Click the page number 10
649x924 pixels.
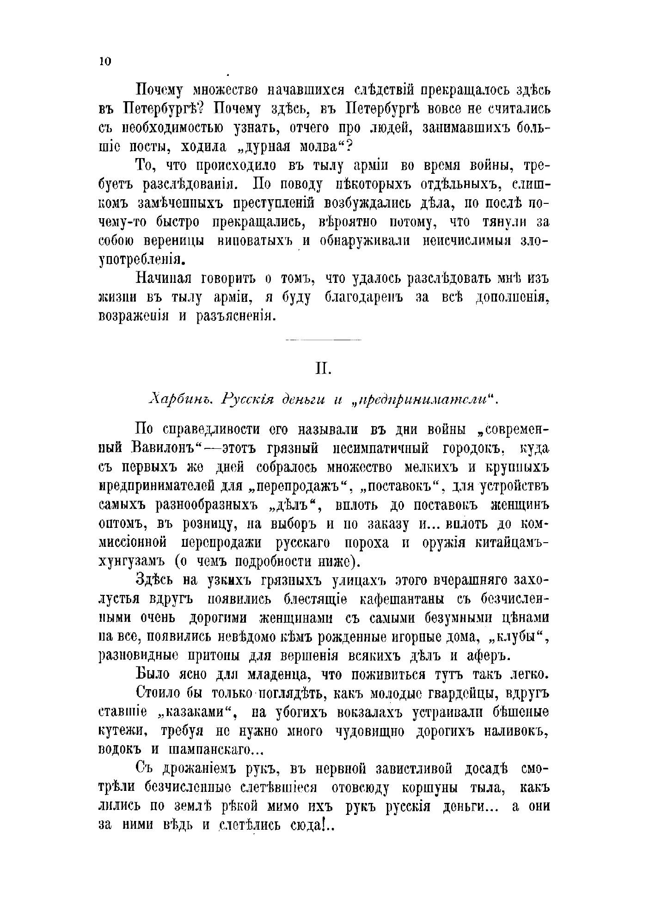pyautogui.click(x=105, y=62)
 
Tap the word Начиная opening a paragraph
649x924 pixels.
pyautogui.click(x=166, y=279)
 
